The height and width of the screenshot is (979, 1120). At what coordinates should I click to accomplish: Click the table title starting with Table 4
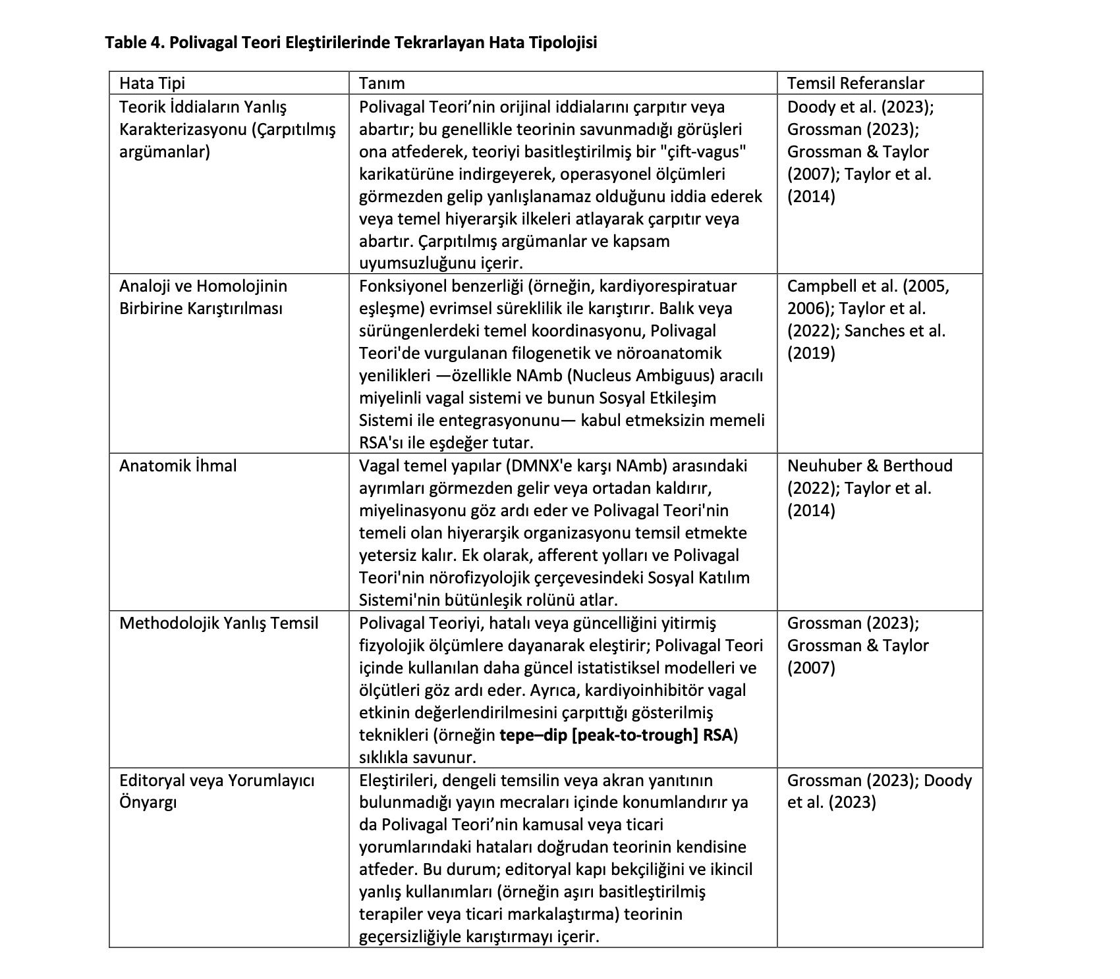point(350,43)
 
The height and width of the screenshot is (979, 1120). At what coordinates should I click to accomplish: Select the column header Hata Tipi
point(152,83)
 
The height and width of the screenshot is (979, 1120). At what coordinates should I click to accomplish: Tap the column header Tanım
point(381,83)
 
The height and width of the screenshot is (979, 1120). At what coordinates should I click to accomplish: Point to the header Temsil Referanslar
point(855,83)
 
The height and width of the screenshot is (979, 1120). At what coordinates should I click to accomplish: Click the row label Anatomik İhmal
point(177,466)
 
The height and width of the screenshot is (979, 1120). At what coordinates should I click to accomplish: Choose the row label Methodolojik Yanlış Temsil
point(218,623)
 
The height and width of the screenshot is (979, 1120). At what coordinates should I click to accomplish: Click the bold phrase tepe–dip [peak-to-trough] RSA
point(616,735)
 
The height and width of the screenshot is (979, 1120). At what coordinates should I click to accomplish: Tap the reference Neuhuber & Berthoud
point(870,466)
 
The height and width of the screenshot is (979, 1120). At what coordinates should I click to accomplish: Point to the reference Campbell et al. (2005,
point(868,286)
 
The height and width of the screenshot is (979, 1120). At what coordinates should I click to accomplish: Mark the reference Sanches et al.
point(895,331)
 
